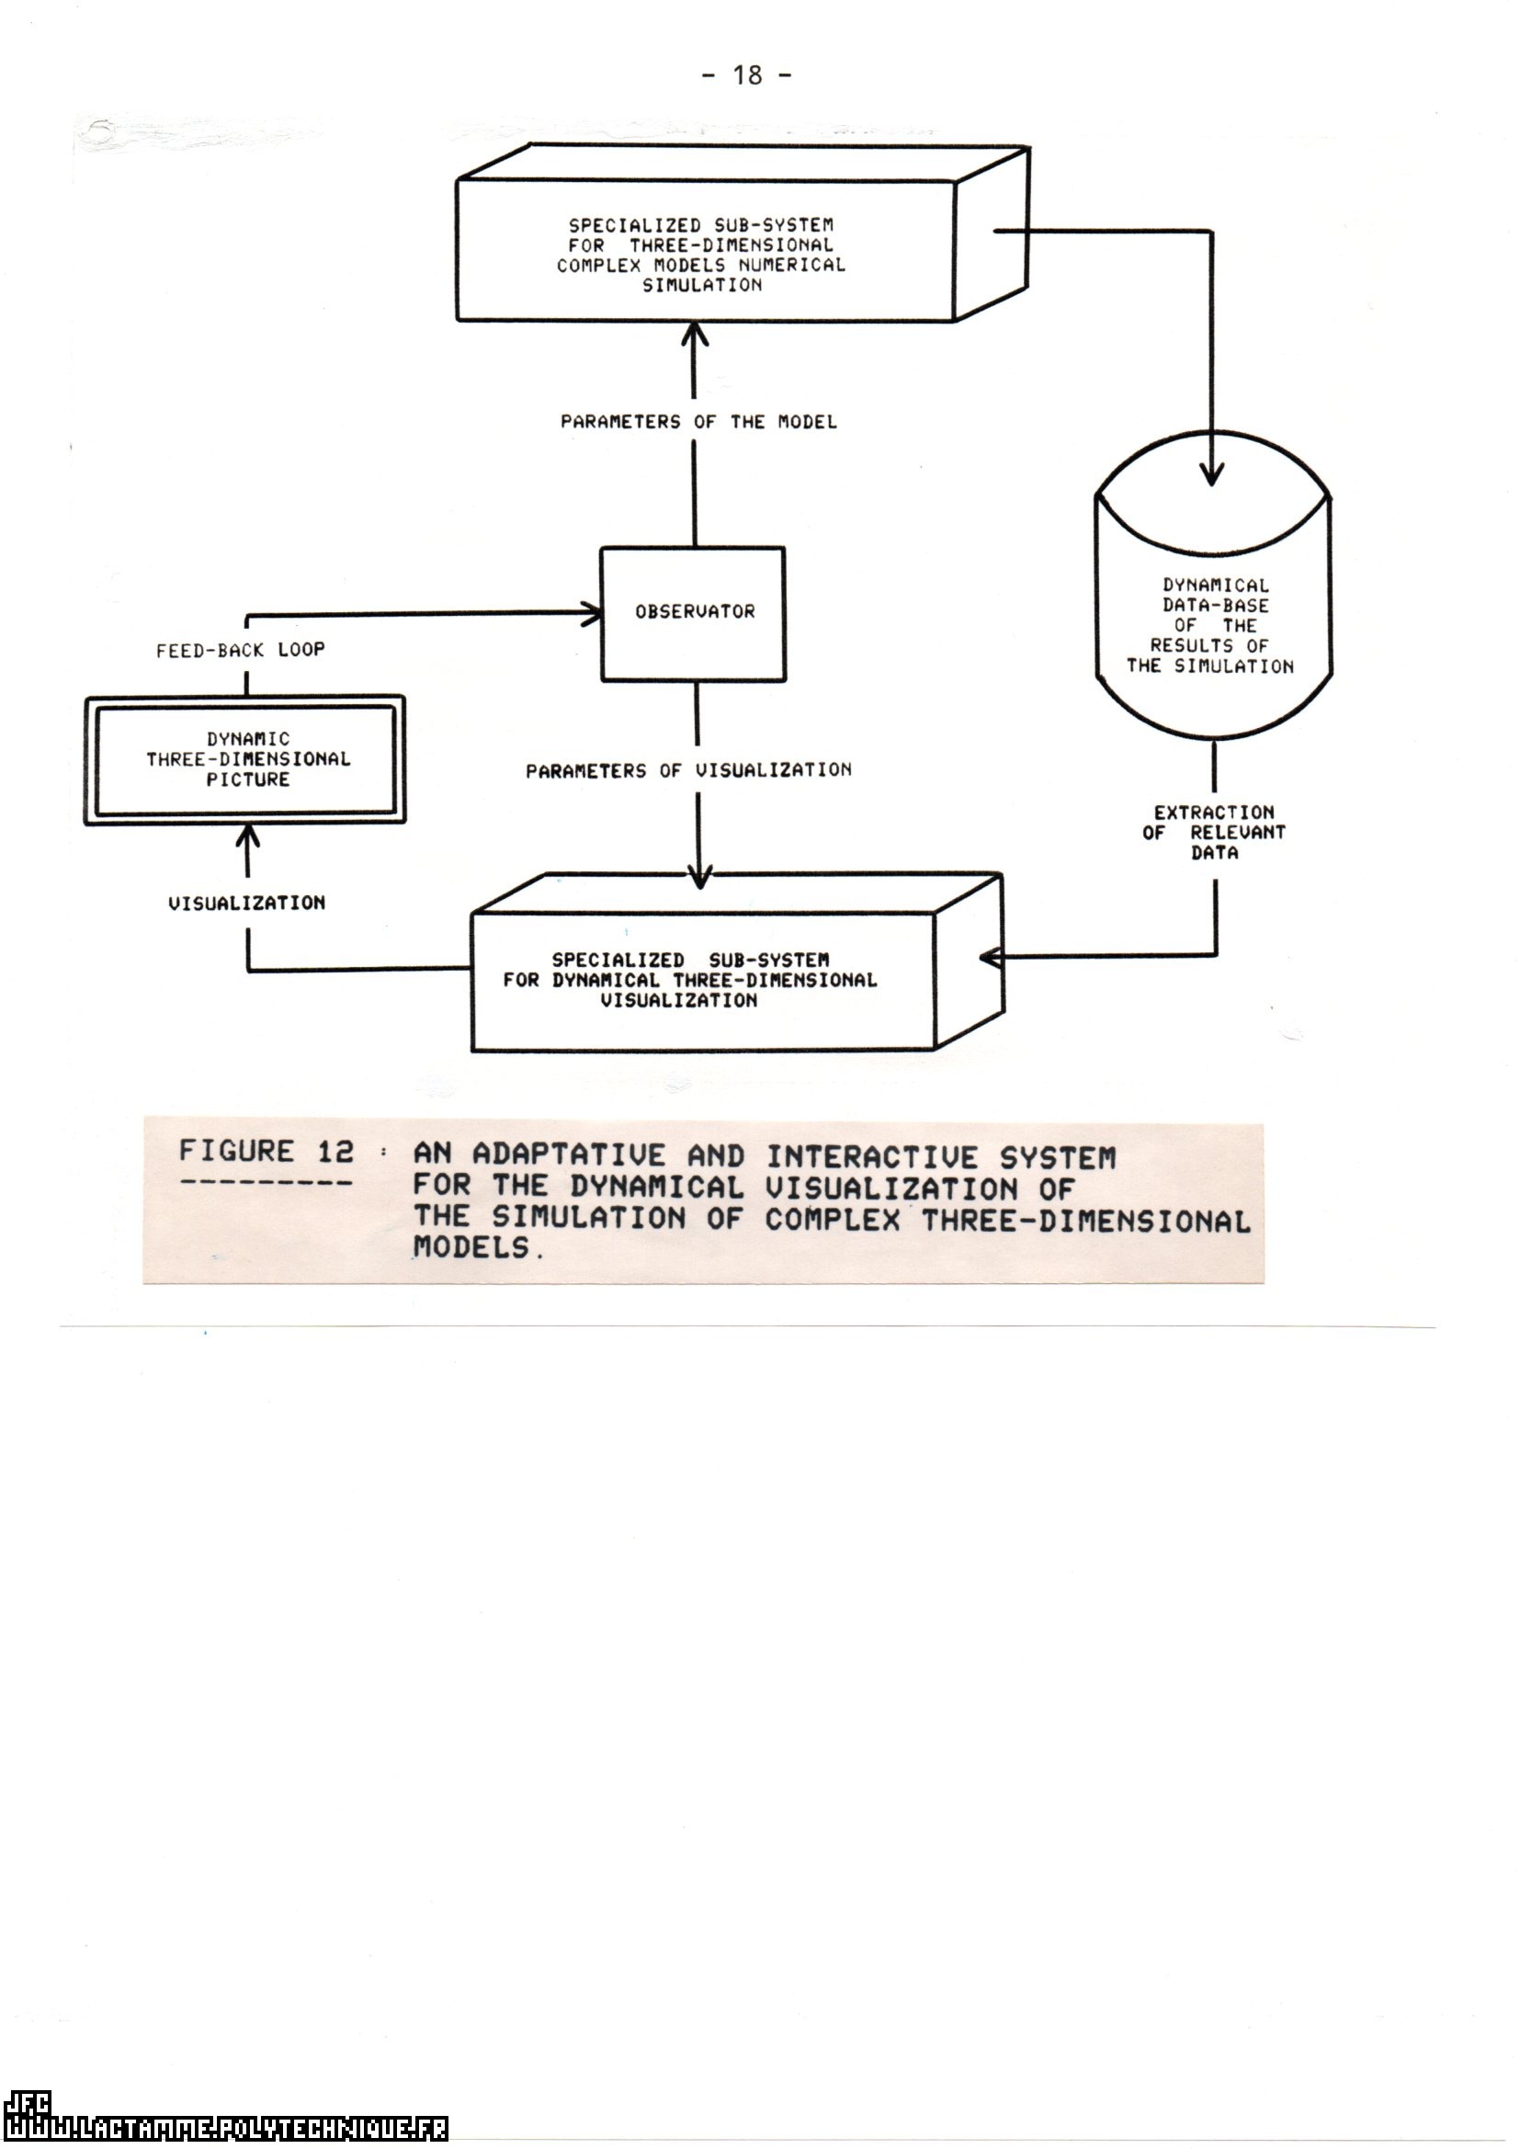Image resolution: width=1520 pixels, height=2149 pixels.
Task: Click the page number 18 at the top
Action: point(747,74)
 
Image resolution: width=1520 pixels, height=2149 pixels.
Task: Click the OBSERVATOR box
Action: point(693,613)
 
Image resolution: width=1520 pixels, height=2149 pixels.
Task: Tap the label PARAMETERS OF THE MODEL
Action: point(698,422)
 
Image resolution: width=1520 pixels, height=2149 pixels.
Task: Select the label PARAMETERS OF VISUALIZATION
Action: point(689,771)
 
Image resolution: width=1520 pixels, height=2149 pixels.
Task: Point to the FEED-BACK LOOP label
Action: point(241,650)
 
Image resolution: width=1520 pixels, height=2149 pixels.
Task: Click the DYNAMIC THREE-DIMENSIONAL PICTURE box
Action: point(245,759)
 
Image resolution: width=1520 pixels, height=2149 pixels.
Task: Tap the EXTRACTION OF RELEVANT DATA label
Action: point(1214,832)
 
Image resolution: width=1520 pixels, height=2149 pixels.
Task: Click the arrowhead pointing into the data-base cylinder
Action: point(1212,474)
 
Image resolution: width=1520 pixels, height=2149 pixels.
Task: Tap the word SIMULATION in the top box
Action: point(702,286)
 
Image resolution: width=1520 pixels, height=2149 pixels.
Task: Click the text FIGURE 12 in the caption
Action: point(267,1151)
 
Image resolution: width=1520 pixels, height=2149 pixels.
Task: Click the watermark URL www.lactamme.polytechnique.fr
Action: point(224,2129)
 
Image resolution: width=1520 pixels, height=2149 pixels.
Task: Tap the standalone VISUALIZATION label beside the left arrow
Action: point(247,904)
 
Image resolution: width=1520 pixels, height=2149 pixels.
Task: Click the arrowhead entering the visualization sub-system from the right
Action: point(991,958)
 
